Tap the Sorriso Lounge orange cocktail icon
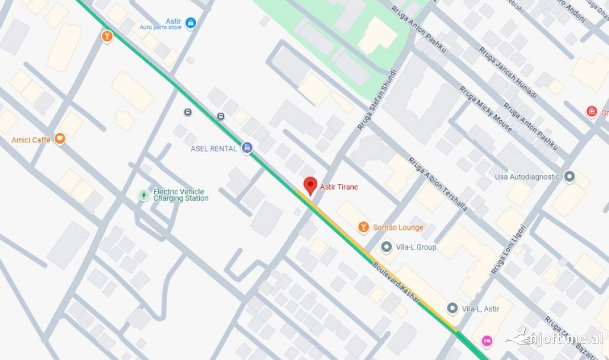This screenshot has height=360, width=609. point(363,227)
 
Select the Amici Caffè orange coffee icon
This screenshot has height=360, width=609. point(60,139)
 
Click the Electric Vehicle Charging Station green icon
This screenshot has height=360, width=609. point(144,195)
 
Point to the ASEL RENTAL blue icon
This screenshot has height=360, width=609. point(247,148)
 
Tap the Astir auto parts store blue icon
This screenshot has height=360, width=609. point(190,23)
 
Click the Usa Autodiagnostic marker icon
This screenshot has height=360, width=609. point(570,177)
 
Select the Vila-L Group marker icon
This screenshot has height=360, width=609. point(386,247)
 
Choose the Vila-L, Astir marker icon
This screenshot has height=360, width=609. point(452,308)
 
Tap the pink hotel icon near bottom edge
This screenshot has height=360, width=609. point(487,340)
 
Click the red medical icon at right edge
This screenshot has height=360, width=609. point(592,112)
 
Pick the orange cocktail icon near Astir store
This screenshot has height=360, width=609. point(107,37)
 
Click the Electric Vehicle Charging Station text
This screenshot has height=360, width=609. point(181,195)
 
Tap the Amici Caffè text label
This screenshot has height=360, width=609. point(31,140)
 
